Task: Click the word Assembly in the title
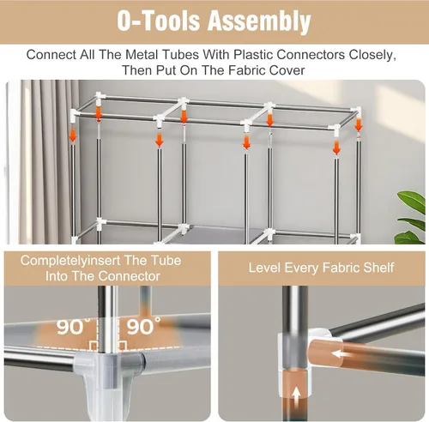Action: point(259,21)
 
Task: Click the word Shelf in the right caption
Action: point(378,268)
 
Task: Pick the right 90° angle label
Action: point(143,326)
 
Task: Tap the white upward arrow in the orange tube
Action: point(296,397)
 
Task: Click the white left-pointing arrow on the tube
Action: point(341,354)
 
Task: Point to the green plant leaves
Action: point(410,217)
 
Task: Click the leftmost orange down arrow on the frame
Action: point(73,136)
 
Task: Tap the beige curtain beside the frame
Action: point(49,161)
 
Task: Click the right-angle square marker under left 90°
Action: point(94,346)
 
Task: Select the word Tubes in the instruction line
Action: point(181,55)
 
